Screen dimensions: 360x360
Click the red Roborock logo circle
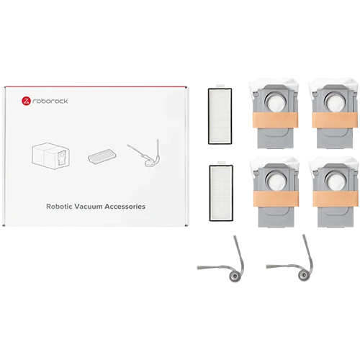pos(26,101)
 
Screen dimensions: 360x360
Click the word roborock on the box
pos(50,101)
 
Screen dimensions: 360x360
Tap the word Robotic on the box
pos(59,207)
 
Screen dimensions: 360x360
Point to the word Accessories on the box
pos(125,207)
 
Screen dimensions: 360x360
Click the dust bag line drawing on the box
pos(51,156)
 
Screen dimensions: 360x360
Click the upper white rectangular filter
pos(220,116)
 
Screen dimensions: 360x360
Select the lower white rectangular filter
pos(221,193)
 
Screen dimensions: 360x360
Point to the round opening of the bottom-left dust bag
pos(276,181)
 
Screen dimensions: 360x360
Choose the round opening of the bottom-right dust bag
pos(336,181)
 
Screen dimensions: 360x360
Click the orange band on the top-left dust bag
pos(275,120)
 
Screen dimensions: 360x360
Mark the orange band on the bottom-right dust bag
pos(336,199)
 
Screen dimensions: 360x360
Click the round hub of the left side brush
pos(234,276)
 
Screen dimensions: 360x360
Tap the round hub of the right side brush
pos(303,276)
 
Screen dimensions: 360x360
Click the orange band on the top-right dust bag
pos(335,120)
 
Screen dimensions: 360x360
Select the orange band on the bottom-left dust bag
pos(276,199)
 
